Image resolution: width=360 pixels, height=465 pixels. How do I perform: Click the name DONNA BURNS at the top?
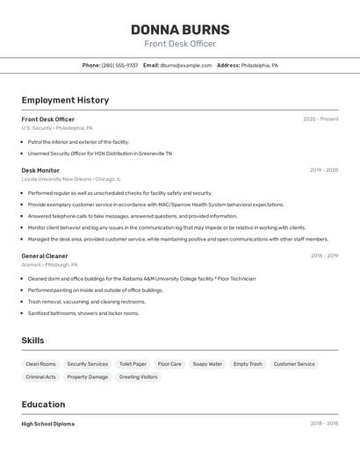coord(179,29)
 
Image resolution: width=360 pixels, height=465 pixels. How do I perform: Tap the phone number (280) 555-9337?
coord(119,65)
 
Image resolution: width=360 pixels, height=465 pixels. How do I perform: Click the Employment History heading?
coord(65,100)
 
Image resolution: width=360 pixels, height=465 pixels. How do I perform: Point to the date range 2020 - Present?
coord(320,119)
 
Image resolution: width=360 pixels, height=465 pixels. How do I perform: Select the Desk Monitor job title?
coord(40,170)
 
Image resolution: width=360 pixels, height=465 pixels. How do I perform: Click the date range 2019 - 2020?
coord(324,170)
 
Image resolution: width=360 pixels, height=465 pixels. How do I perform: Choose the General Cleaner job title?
coord(45,255)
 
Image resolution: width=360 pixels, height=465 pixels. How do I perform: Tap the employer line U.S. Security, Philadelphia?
coord(57,128)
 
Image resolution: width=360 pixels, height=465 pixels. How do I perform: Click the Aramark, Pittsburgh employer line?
coord(49,264)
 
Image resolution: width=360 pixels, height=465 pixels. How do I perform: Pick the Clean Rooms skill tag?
coord(40,363)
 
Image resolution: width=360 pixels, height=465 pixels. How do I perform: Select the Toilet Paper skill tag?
coord(133,363)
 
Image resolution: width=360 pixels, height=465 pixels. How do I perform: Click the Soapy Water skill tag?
coord(207,363)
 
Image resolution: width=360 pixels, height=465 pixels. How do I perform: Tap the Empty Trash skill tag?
coord(248,363)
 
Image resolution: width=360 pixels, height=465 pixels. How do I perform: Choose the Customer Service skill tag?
coord(294,363)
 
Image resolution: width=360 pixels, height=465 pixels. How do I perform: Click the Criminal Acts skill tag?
coord(40,376)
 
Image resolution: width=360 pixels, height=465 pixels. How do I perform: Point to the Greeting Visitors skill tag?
coord(139,376)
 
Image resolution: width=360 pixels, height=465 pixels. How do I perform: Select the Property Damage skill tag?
coord(88,376)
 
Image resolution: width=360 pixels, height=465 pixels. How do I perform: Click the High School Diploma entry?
coord(47,424)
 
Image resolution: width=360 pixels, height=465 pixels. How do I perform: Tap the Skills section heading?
coord(32,340)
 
